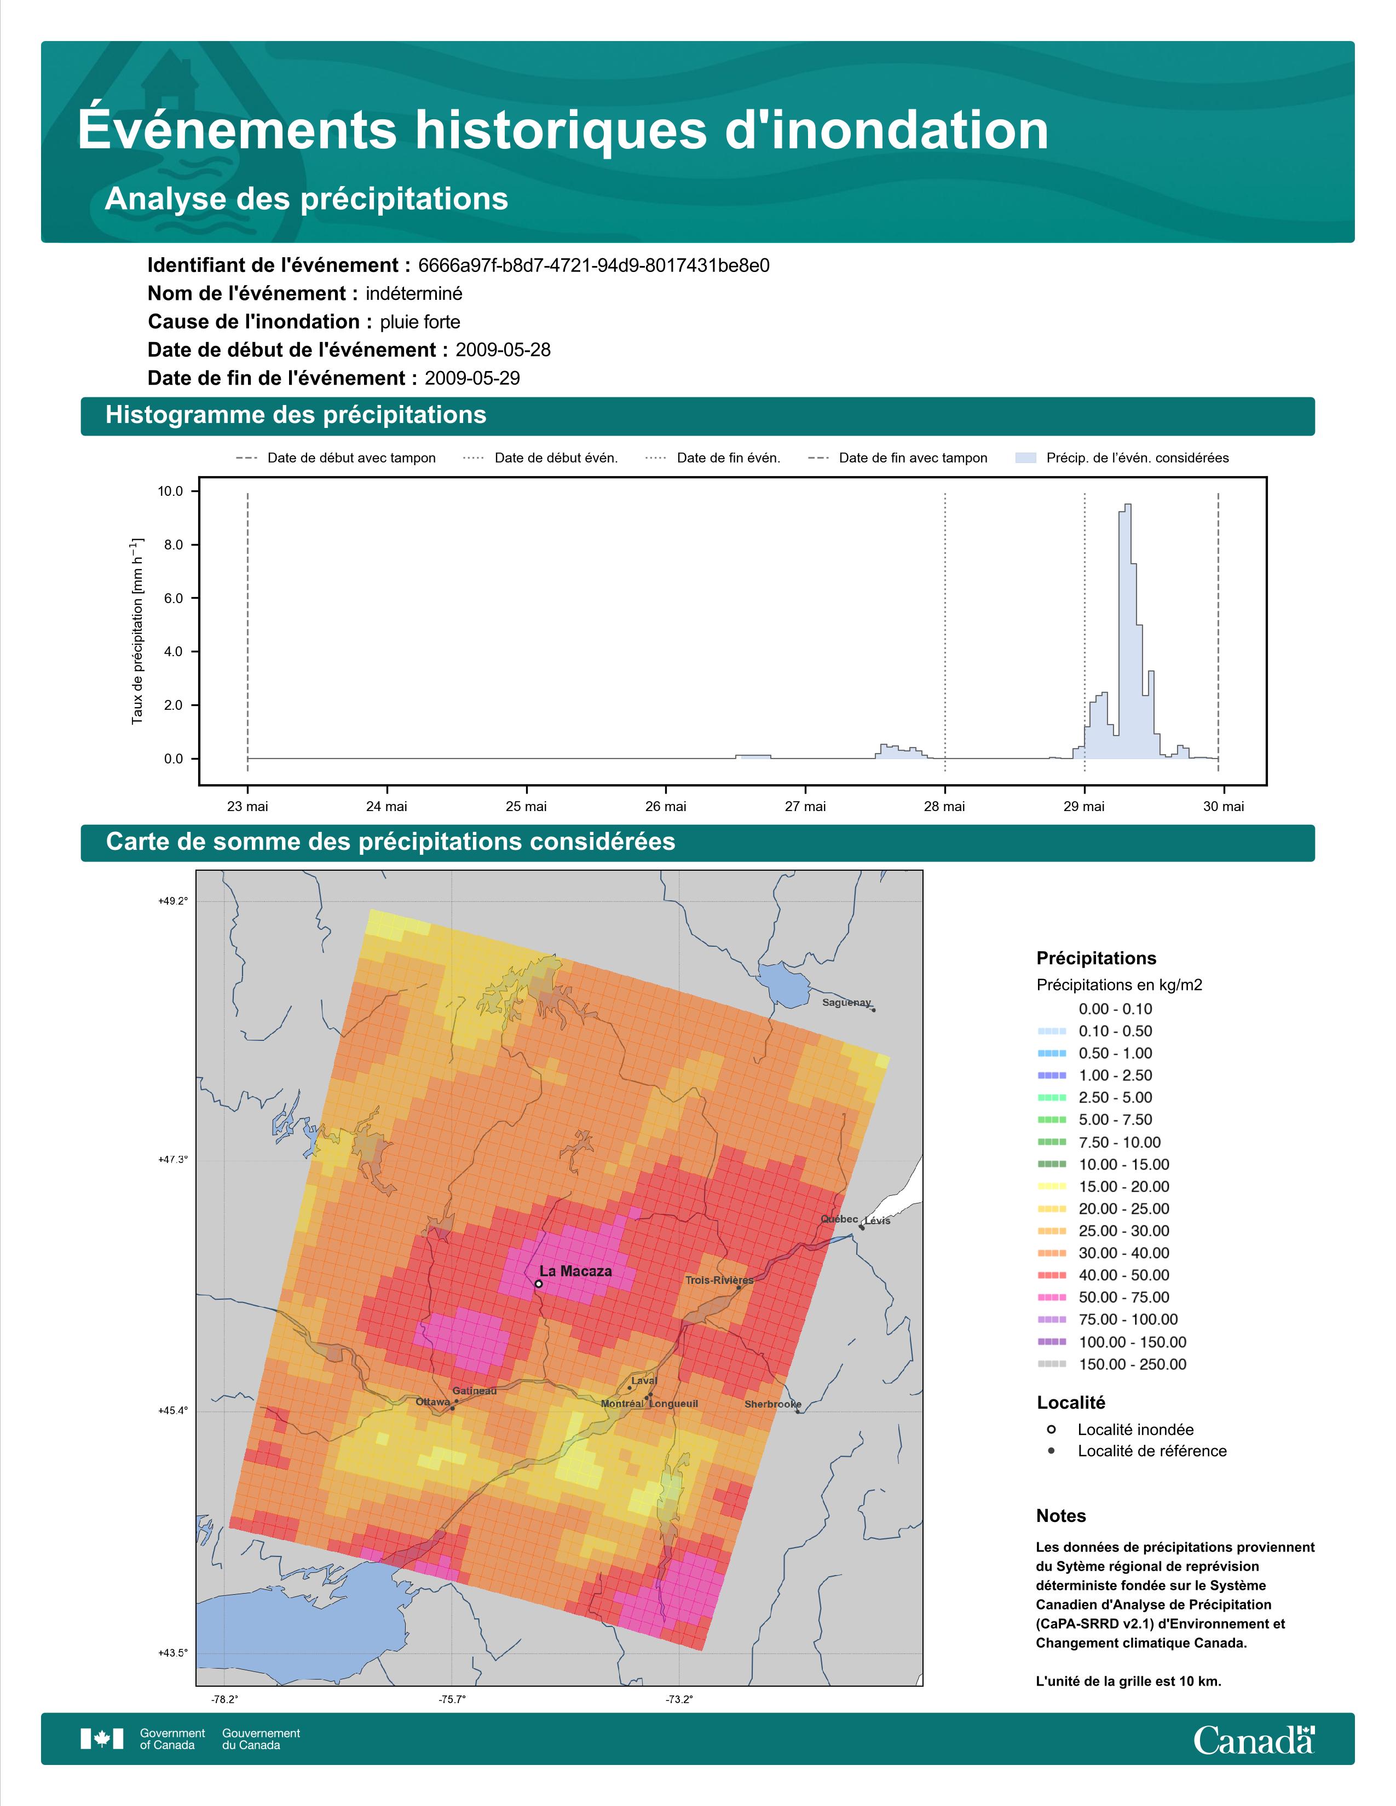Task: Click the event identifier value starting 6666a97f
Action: [x=594, y=265]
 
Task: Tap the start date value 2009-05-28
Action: [x=503, y=350]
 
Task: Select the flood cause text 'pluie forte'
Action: [x=420, y=322]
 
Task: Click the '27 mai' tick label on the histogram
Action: [x=805, y=806]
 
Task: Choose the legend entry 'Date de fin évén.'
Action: [x=713, y=458]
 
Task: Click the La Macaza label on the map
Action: [x=575, y=1271]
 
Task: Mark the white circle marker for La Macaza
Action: [x=538, y=1284]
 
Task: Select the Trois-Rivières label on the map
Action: [x=719, y=1280]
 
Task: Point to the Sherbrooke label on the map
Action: [x=772, y=1404]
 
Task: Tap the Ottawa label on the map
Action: [x=432, y=1402]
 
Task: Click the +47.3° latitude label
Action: [x=173, y=1159]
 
